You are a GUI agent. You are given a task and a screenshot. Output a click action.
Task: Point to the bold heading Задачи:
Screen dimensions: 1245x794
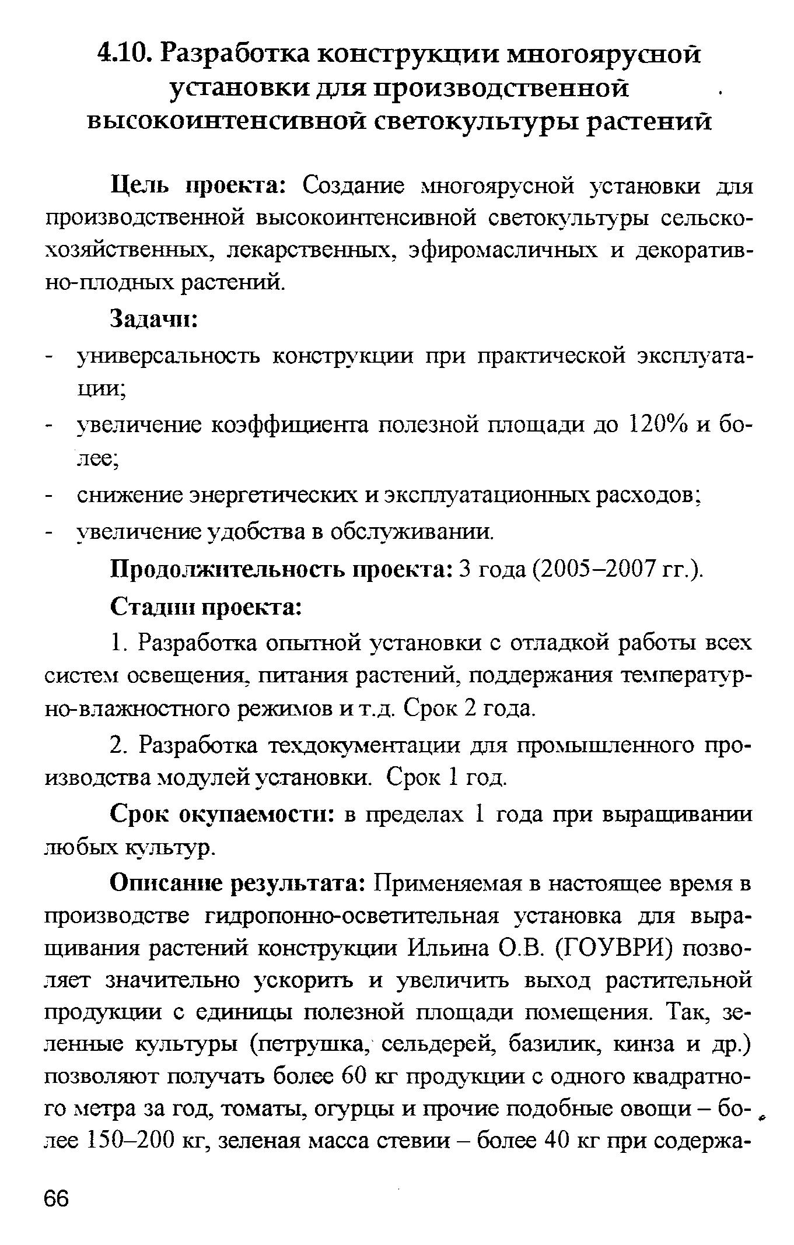(155, 320)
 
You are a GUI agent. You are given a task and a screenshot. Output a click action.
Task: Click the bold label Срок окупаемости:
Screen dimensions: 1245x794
(222, 814)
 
